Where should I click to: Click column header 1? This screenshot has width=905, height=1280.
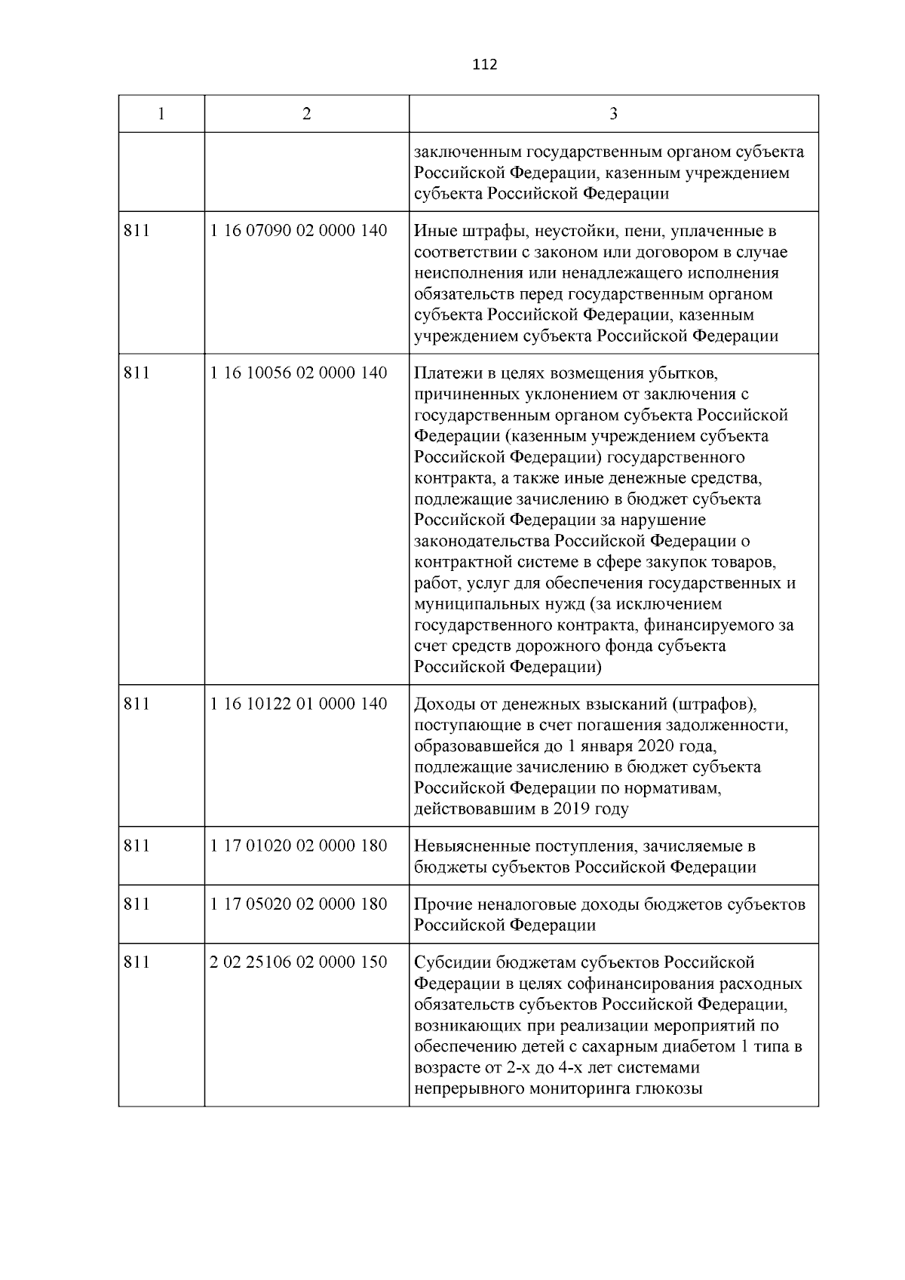(x=161, y=114)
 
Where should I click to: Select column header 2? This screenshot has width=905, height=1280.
(x=306, y=114)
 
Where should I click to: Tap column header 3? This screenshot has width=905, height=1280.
(x=613, y=114)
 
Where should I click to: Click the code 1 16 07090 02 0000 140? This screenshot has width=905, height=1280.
(x=299, y=231)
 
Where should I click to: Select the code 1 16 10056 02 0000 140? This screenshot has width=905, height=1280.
(x=299, y=373)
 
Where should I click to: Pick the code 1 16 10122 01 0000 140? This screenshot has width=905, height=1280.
(x=299, y=704)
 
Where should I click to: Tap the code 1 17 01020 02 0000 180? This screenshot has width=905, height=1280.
(x=299, y=846)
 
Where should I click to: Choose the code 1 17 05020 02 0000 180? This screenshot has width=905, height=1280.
(x=299, y=904)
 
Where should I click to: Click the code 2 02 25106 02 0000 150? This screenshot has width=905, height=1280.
(x=299, y=962)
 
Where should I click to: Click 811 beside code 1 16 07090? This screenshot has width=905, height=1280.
(x=137, y=231)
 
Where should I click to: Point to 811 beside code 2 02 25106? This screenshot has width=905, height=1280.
(x=137, y=962)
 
